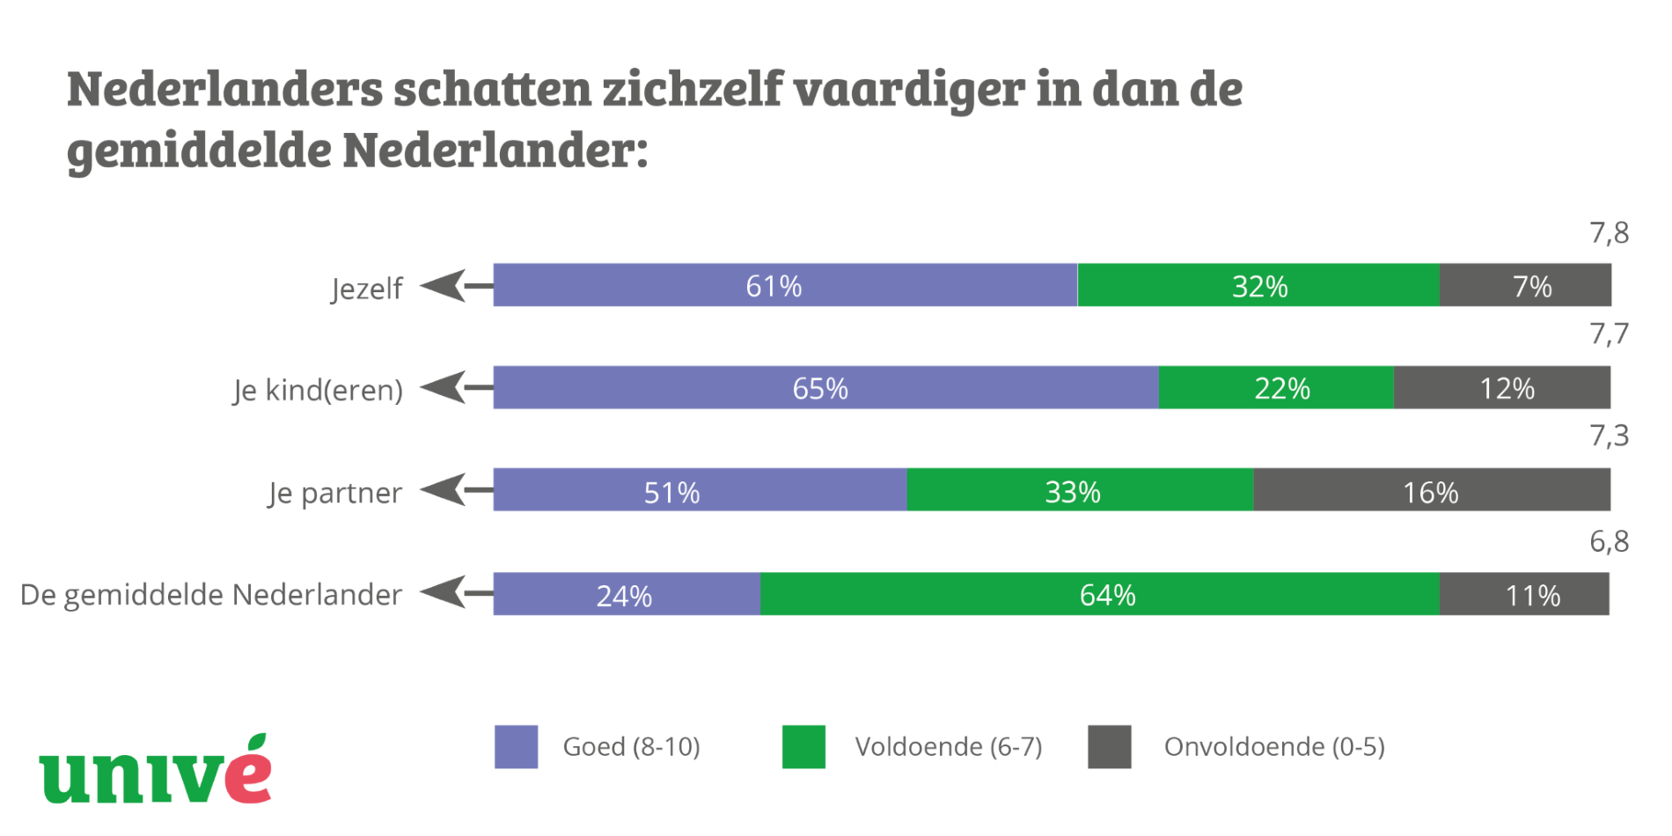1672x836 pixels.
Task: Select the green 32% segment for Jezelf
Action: (x=1258, y=285)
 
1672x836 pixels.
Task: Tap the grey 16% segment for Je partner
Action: (x=1432, y=489)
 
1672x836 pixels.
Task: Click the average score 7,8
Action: (x=1609, y=233)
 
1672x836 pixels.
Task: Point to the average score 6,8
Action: (x=1609, y=541)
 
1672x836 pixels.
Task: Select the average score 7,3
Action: (x=1609, y=436)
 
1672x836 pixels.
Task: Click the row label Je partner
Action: (x=335, y=492)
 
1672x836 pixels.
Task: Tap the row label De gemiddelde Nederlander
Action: (x=211, y=595)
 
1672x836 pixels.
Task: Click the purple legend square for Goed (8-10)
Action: (x=517, y=746)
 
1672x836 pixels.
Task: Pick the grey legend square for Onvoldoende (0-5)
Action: (x=1110, y=746)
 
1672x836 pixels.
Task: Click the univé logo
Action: (x=156, y=772)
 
